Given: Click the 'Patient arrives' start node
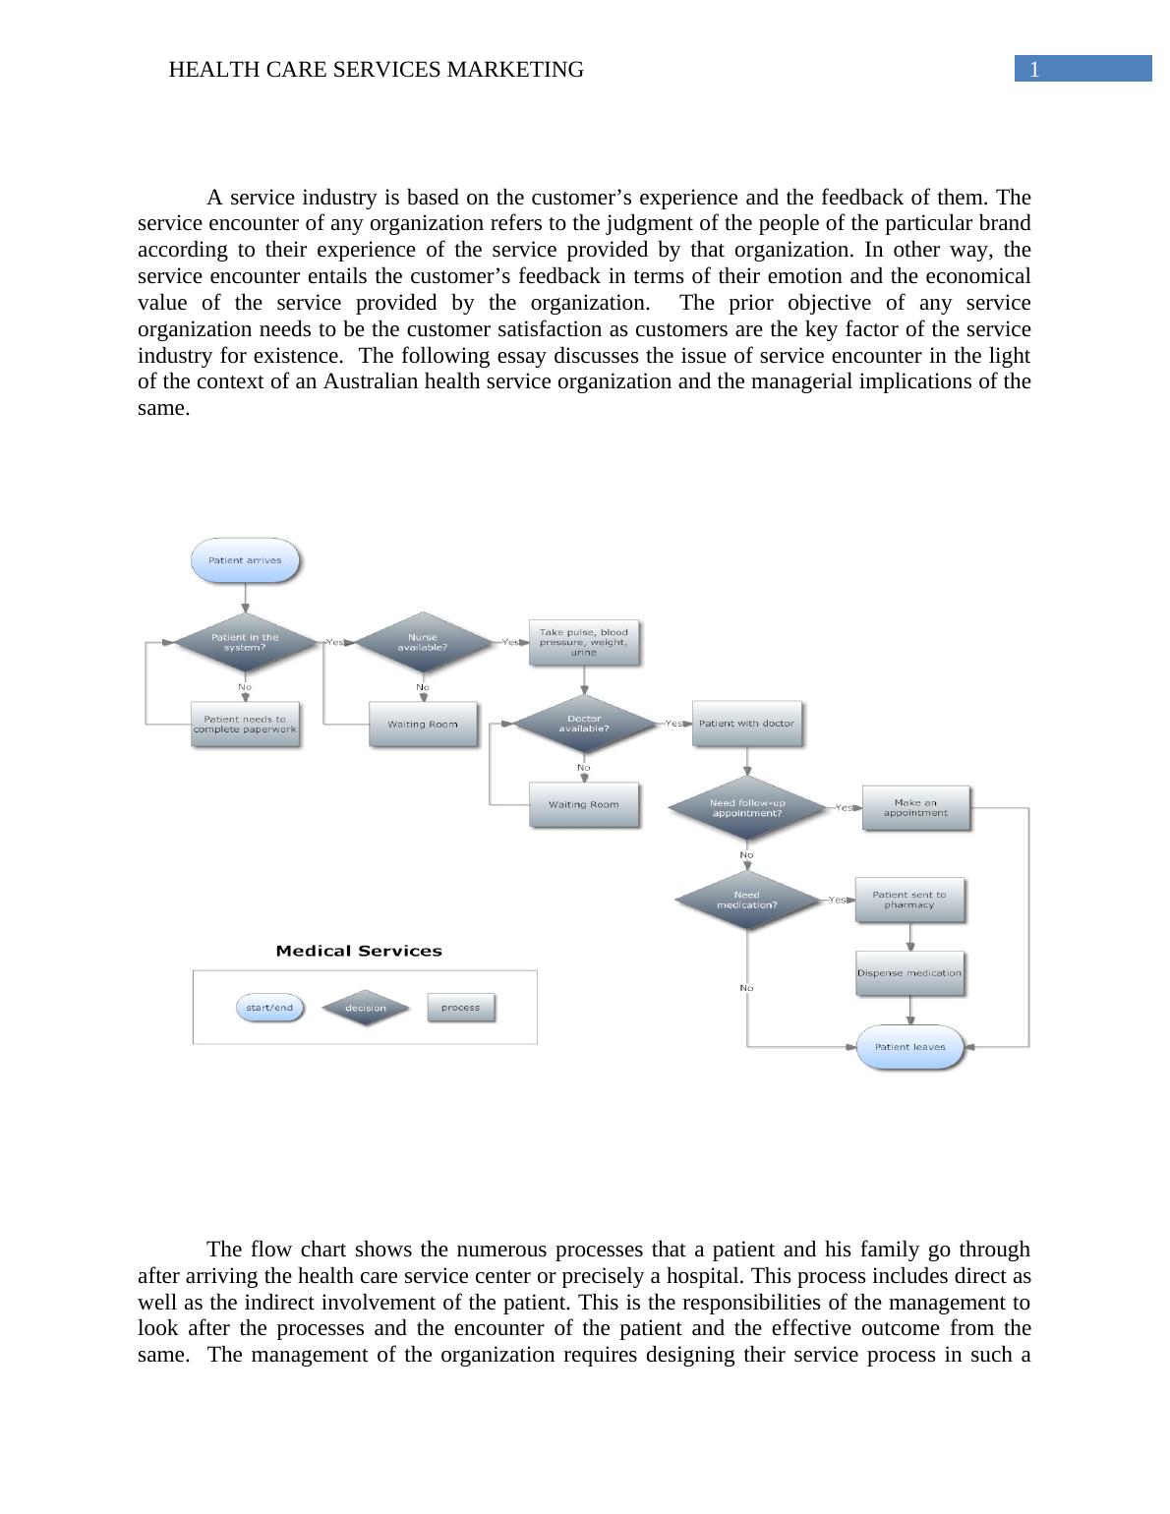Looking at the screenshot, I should [x=245, y=560].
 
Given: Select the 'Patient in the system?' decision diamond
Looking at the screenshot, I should [x=245, y=642].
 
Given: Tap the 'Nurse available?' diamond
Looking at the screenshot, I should [x=423, y=642].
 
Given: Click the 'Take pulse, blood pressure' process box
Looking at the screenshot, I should [x=584, y=642].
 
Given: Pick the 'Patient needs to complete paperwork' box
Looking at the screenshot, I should [x=245, y=725].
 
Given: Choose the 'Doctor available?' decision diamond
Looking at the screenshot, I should [x=584, y=724].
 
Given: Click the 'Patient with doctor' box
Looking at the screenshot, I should [x=746, y=724].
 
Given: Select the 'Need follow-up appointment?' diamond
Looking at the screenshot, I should [x=746, y=808].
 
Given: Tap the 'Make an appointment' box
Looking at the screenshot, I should [x=915, y=808].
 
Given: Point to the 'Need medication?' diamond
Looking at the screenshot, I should [x=746, y=900].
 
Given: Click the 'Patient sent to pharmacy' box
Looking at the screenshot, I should [x=909, y=900].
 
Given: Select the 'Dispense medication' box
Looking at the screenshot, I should [x=909, y=973].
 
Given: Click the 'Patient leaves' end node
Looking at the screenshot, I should [x=909, y=1047].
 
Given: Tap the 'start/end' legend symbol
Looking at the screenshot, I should [x=269, y=1008].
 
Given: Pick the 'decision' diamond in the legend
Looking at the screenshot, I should [x=365, y=1008].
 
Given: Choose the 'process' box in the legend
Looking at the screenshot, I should [x=460, y=1008].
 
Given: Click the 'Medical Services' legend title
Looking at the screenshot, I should [x=359, y=951].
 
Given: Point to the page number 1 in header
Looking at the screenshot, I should [x=1034, y=69].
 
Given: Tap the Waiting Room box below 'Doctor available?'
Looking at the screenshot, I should [x=584, y=804].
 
